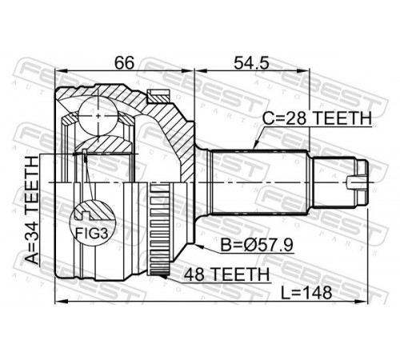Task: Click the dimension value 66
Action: pos(124,63)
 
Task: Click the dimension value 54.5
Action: pos(251,63)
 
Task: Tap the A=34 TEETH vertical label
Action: pos(33,210)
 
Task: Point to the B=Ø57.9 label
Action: pos(258,245)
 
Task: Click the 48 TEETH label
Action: pos(226,274)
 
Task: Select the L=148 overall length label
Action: pos(306,293)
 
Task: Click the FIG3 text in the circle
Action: pos(92,234)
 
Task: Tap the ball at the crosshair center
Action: pos(98,116)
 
